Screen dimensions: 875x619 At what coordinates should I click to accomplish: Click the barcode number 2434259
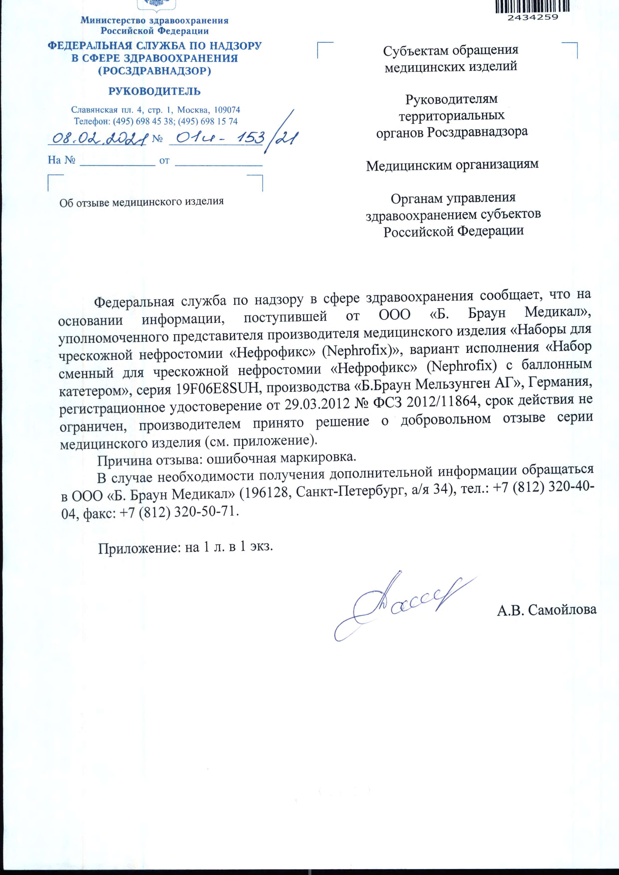pyautogui.click(x=532, y=17)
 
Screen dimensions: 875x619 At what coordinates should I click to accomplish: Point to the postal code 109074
pyautogui.click(x=227, y=110)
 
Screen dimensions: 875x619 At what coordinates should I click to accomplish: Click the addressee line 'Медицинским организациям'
pyautogui.click(x=452, y=165)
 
